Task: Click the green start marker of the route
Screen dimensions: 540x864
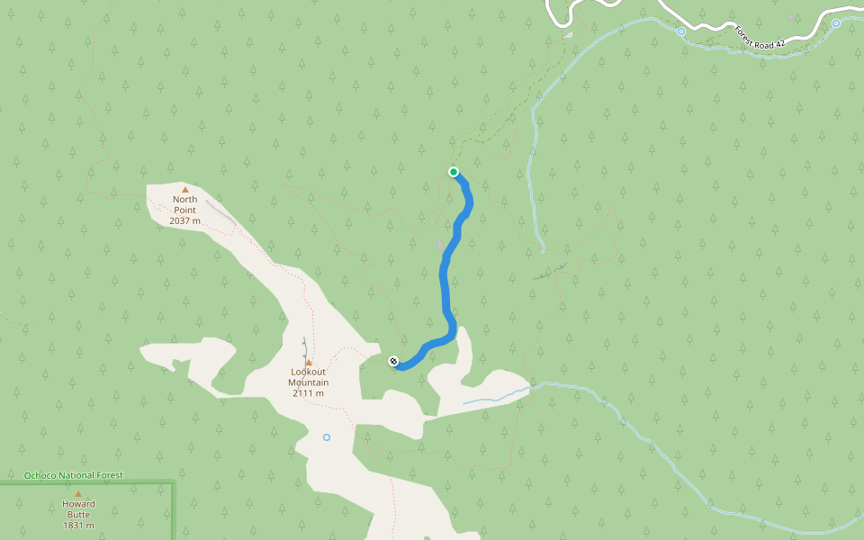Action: click(x=454, y=172)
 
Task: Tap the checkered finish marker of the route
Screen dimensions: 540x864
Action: click(x=393, y=362)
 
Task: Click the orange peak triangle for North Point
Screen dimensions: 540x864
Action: click(x=185, y=189)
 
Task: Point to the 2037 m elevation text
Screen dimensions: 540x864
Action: click(x=184, y=220)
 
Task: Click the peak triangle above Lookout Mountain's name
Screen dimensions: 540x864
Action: click(x=309, y=363)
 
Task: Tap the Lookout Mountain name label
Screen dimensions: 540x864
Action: click(x=309, y=376)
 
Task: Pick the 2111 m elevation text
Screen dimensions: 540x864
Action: click(x=309, y=393)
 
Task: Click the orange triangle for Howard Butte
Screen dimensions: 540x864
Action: click(x=78, y=494)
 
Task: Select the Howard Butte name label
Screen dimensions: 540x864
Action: click(x=78, y=508)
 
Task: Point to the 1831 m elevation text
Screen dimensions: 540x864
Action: click(x=78, y=526)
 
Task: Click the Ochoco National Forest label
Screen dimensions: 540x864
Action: click(x=73, y=475)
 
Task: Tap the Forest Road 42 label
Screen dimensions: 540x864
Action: click(x=760, y=36)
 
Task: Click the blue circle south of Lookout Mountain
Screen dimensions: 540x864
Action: click(x=327, y=437)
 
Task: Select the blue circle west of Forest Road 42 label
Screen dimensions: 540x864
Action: click(x=681, y=31)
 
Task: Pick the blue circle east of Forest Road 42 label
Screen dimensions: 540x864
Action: click(x=836, y=23)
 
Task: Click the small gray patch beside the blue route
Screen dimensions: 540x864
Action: click(x=439, y=245)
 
